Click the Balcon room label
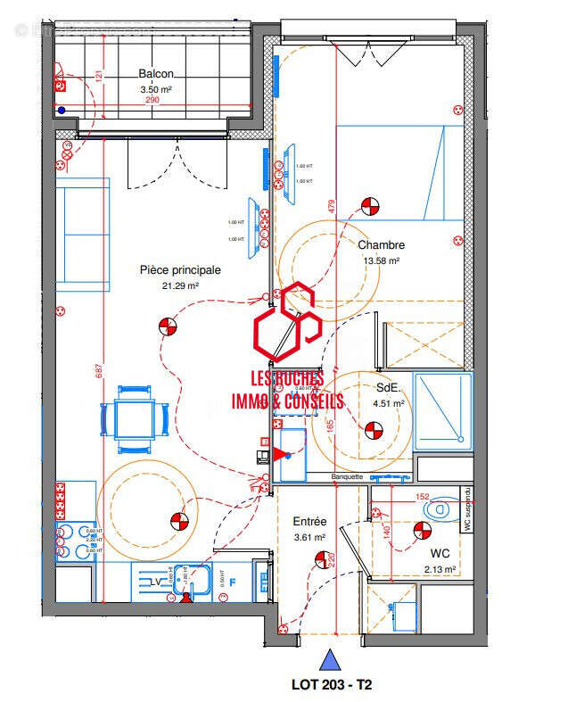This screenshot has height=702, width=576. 156,75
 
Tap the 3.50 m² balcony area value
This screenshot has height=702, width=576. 156,90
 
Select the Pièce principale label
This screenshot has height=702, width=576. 180,269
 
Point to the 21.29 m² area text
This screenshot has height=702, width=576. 180,285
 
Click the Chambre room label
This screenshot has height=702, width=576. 381,245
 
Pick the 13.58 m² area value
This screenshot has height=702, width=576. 381,261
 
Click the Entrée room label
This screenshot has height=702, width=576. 310,522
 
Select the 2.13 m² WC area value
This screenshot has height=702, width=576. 440,569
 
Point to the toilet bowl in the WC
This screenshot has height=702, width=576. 439,510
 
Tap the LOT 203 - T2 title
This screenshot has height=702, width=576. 332,685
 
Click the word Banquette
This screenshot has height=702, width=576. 347,476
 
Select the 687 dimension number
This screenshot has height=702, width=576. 100,372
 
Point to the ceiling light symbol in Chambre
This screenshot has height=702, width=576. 368,207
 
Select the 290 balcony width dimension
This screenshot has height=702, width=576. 153,101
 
